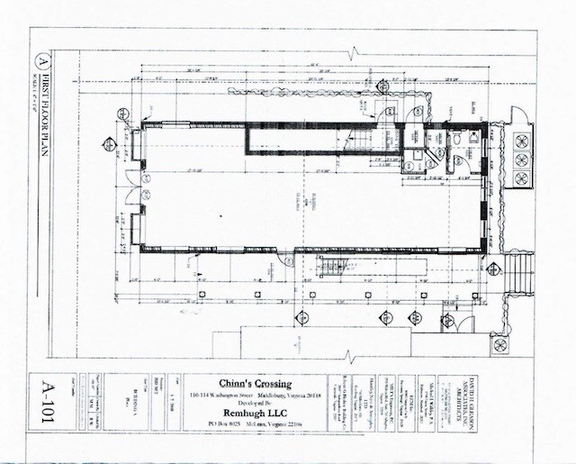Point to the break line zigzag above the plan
[364, 57]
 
